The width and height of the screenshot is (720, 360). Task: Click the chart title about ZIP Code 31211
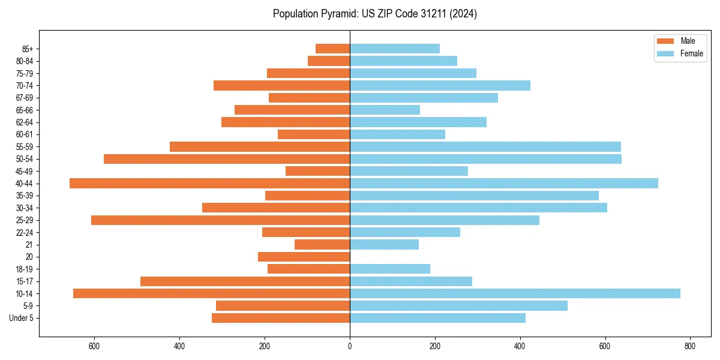tap(374, 14)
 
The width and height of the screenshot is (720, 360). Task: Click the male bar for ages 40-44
tap(210, 184)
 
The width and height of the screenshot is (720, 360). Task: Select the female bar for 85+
tap(395, 49)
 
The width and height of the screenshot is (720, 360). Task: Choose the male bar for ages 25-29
tap(221, 220)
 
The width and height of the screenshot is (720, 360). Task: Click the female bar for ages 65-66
tap(385, 110)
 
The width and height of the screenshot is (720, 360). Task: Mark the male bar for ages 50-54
tap(227, 159)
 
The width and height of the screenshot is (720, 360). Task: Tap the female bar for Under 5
tap(437, 318)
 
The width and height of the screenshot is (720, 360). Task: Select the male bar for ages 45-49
tap(318, 171)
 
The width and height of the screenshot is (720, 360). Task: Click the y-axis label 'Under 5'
tap(22, 318)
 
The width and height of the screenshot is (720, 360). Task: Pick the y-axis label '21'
tap(29, 245)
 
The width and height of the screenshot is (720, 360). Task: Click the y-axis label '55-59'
tap(25, 146)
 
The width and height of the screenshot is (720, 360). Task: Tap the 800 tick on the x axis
tap(690, 346)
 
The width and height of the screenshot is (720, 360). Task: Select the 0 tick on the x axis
tap(350, 346)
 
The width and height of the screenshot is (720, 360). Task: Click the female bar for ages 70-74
tap(440, 85)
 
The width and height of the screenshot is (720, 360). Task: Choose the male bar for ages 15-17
tap(245, 281)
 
